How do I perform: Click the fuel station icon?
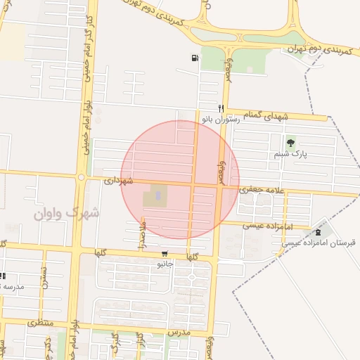point(194,58)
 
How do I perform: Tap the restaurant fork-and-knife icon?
point(221,108)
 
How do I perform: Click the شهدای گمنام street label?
point(266,114)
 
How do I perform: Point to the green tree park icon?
point(291,143)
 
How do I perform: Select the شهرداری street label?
point(118,180)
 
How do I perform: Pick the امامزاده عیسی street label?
point(266,226)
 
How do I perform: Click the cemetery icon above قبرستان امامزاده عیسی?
point(319,233)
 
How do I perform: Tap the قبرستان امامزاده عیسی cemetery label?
point(320,243)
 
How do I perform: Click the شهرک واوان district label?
point(67,212)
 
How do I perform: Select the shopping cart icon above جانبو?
point(165,254)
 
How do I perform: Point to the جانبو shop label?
point(165,264)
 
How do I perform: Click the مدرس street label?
point(180,330)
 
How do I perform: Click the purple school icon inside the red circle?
point(157,195)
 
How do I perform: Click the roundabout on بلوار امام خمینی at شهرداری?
point(82,177)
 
